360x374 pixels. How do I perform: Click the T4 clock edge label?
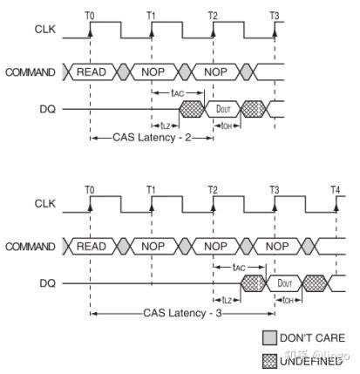[x=336, y=190]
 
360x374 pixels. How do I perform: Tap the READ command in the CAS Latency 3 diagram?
[x=92, y=247]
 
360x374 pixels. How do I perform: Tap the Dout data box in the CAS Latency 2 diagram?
[x=221, y=109]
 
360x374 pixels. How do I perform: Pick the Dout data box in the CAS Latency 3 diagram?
[x=283, y=282]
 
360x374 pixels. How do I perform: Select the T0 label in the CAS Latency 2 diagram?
[x=90, y=15]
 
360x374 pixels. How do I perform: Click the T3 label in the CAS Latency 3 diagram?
[x=275, y=190]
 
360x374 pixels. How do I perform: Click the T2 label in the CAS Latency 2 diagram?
[x=214, y=15]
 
